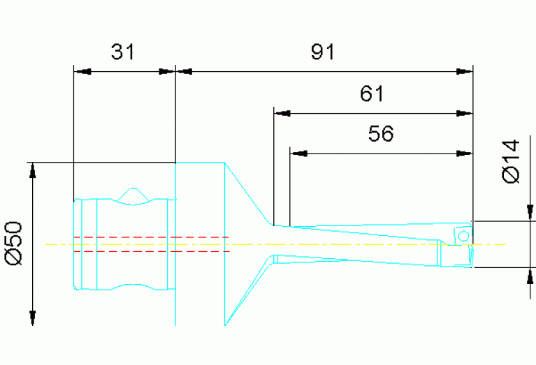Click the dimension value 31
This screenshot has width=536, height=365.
pos(122,52)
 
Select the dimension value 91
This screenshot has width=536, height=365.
pos(323,52)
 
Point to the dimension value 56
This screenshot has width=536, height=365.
pos(381,133)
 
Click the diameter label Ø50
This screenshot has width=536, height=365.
pos(14,244)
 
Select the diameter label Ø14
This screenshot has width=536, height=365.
pos(512,161)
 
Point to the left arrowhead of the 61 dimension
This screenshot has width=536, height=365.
pos(281,112)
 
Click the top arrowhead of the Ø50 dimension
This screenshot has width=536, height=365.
pos(31,170)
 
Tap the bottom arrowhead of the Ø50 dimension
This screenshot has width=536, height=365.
pos(31,318)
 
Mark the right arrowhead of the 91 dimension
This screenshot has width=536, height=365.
pos(465,71)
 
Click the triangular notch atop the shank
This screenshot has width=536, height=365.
pos(131,195)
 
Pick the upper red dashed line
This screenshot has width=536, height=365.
pos(150,237)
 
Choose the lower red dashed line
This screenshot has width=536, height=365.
pos(150,251)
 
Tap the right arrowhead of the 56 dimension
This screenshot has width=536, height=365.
pos(465,152)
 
